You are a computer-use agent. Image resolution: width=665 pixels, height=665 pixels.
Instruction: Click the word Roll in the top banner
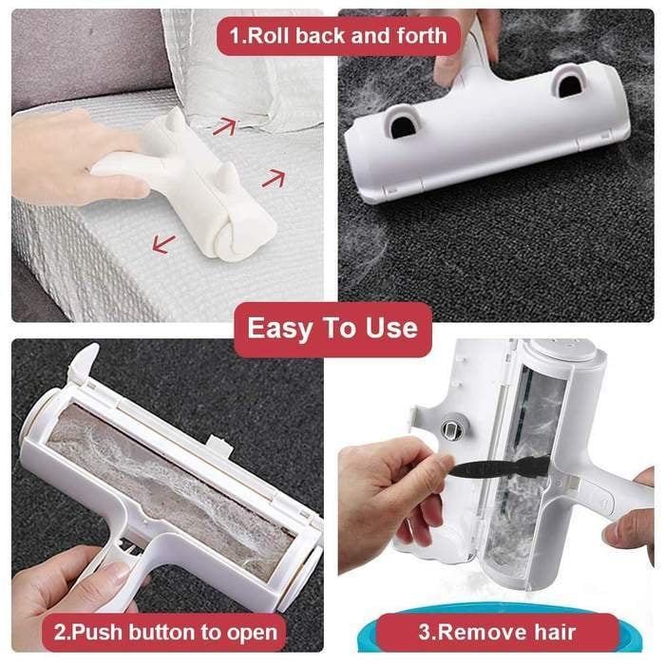pos(269,36)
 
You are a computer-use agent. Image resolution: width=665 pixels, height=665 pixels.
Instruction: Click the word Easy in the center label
pos(279,329)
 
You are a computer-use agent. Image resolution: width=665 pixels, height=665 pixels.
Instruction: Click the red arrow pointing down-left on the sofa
pos(163,244)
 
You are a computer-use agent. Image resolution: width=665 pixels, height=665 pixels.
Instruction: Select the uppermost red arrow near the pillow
pos(224,126)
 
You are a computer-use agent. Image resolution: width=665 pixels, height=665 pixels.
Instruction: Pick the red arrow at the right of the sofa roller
pos(274,178)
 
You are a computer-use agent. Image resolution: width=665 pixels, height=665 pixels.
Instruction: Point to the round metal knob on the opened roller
pos(451,429)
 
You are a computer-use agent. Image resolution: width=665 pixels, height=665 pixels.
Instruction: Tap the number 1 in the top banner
pos(235,36)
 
